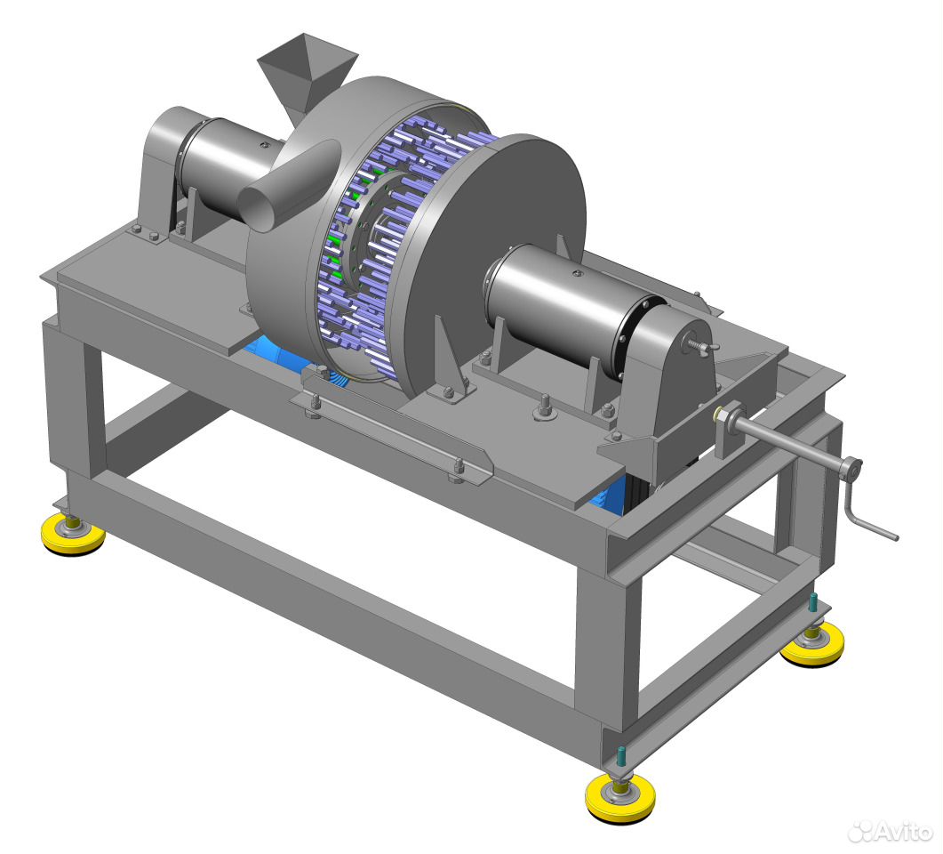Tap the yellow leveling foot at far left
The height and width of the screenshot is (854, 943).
[x=73, y=535]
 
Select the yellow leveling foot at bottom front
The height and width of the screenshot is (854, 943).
[x=620, y=797]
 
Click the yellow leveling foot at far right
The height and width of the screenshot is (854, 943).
[x=811, y=644]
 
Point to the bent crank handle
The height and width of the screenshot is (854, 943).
[x=866, y=505]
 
